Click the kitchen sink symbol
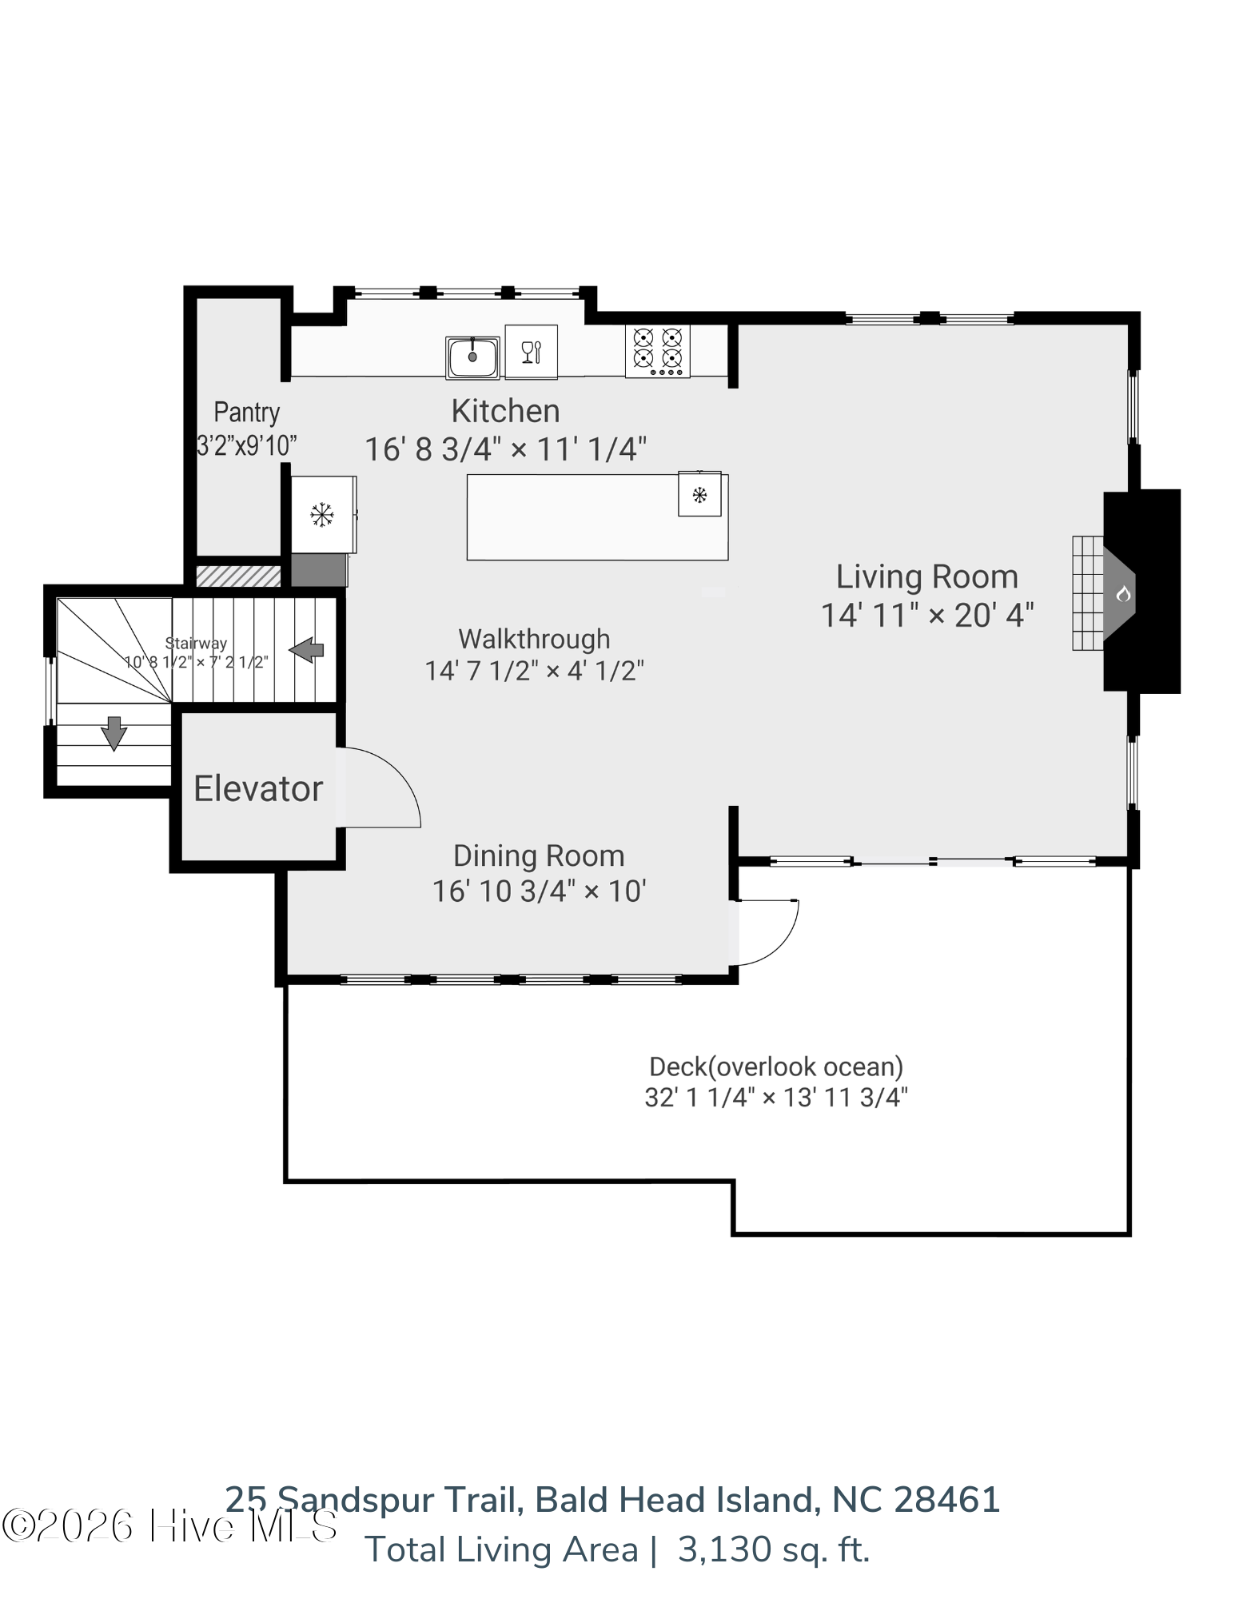[472, 356]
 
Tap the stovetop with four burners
[657, 351]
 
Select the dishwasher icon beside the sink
[532, 352]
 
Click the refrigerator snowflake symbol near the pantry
[322, 514]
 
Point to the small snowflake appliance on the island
[699, 494]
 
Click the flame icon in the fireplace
[1123, 593]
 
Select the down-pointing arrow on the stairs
[114, 733]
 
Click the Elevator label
[258, 788]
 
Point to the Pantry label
[247, 413]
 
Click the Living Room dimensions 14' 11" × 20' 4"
[927, 616]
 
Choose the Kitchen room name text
[505, 411]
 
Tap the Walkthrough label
[534, 639]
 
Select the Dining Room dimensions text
[539, 891]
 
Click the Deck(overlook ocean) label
[776, 1067]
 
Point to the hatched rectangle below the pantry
[238, 576]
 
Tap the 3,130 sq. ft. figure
[774, 1549]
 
